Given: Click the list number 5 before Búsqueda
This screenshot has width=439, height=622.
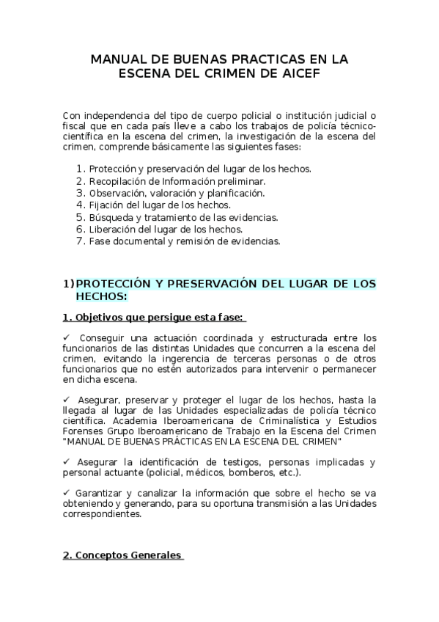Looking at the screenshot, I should click(81, 217).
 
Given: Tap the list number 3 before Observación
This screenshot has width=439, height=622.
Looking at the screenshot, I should click(81, 193).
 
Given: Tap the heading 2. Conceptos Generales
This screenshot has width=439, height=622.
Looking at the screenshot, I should click(121, 555).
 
